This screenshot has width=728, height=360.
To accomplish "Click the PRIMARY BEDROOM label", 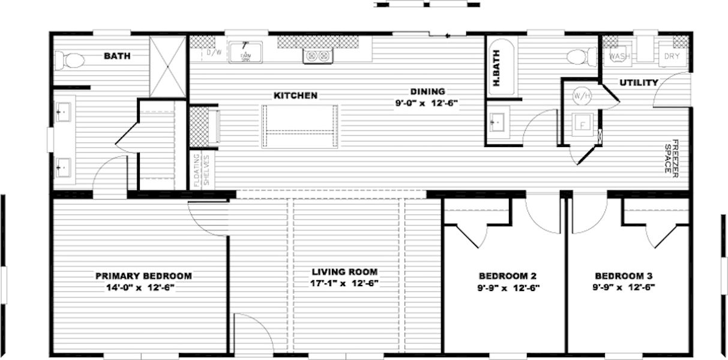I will [143, 276].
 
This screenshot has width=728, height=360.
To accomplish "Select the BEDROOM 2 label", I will [507, 276].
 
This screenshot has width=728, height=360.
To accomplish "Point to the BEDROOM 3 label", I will [624, 276].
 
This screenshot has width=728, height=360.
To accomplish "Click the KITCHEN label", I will [295, 95].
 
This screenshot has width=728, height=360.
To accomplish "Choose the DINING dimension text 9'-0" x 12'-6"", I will [426, 103].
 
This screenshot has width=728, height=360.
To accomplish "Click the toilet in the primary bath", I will [70, 60].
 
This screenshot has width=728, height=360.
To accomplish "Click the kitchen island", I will [299, 126].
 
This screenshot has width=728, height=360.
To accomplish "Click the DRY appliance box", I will [671, 57].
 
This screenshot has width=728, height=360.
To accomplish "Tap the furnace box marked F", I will [582, 125].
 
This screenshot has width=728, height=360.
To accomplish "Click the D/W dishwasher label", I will [212, 53].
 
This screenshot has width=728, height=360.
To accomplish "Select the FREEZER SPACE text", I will [670, 157].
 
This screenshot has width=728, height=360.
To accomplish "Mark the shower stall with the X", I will [167, 67].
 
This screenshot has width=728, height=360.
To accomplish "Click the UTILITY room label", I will [639, 83].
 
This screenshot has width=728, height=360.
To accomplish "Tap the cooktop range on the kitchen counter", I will [317, 56].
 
